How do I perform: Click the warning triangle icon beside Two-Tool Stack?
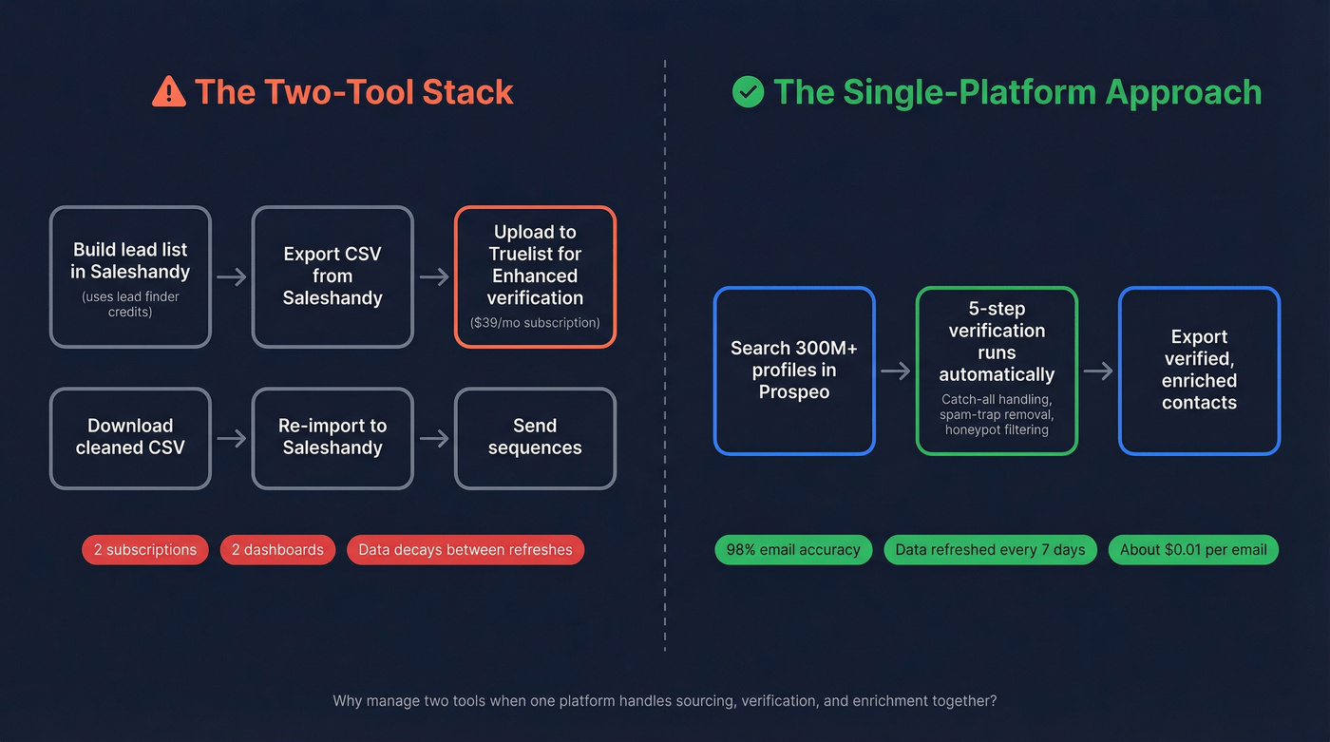[x=169, y=92]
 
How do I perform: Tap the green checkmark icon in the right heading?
[x=748, y=92]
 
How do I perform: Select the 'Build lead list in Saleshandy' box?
[x=130, y=276]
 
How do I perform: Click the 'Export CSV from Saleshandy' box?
[x=332, y=276]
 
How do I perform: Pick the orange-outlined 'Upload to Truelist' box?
[x=535, y=276]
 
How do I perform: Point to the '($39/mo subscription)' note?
[x=535, y=323]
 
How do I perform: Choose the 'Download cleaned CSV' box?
[x=130, y=438]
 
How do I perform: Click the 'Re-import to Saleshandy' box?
[x=332, y=438]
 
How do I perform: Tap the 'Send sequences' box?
[x=535, y=438]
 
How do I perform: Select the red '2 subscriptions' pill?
[x=145, y=550]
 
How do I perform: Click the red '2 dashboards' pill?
[x=277, y=550]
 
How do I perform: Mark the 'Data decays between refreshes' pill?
[x=465, y=550]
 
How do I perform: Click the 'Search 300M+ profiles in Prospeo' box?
[x=794, y=371]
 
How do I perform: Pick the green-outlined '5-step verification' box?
[x=997, y=371]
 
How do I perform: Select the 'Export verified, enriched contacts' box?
[x=1199, y=371]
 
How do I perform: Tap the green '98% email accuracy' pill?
[x=793, y=550]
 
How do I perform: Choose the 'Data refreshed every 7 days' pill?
[x=990, y=550]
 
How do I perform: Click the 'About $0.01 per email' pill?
[x=1193, y=550]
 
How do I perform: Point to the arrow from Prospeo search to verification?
[x=895, y=371]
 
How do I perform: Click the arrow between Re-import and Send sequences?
[x=434, y=439]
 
